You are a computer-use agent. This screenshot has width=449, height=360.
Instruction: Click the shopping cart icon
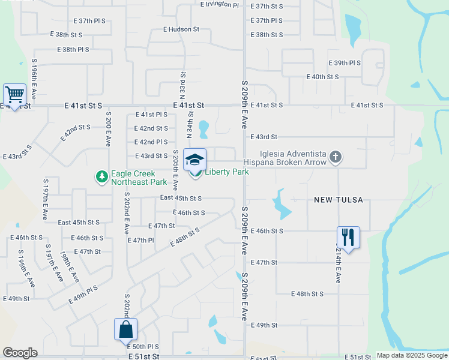pos(14,94)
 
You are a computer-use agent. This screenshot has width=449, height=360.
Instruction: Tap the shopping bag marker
pos(125,329)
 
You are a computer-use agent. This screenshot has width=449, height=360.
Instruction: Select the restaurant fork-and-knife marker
pos(348,237)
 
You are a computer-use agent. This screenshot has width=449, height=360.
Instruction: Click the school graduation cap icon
pos(194,160)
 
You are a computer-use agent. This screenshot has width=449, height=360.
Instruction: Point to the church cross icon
pos(336,157)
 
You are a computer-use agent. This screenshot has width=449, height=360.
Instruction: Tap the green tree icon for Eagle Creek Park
pos(102,177)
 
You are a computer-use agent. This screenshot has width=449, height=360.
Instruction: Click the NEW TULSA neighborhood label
pos(339,200)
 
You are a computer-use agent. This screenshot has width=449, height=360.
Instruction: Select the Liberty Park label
pos(227,172)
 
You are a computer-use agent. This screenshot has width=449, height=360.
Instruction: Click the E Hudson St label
pos(181,29)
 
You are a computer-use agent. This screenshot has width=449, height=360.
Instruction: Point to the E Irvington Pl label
pos(220,4)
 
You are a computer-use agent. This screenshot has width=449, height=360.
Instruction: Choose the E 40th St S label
pos(322,77)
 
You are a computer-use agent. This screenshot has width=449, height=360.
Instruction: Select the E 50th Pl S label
pos(142,347)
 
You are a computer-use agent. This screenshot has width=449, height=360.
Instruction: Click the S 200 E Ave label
pos(108,129)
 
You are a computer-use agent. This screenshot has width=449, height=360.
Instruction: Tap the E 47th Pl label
pos(141,240)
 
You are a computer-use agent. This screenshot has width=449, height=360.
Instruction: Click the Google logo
pos(20,353)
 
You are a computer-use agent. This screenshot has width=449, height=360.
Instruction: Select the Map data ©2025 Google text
pos(412,355)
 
